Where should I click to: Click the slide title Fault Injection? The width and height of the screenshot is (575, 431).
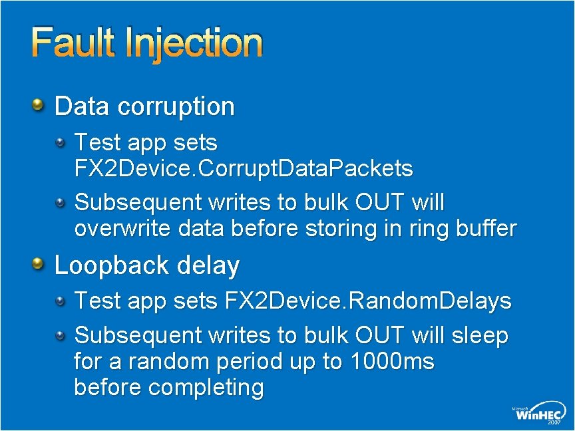pyautogui.click(x=147, y=43)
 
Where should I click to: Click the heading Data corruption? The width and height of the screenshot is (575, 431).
pyautogui.click(x=144, y=106)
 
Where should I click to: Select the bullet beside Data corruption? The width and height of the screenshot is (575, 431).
pyautogui.click(x=39, y=104)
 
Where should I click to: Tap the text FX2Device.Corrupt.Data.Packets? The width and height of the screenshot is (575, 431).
pyautogui.click(x=244, y=169)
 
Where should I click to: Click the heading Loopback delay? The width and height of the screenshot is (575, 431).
pyautogui.click(x=146, y=265)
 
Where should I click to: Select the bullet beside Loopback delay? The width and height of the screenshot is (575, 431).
pyautogui.click(x=39, y=264)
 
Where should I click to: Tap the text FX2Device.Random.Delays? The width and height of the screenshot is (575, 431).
pyautogui.click(x=368, y=301)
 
